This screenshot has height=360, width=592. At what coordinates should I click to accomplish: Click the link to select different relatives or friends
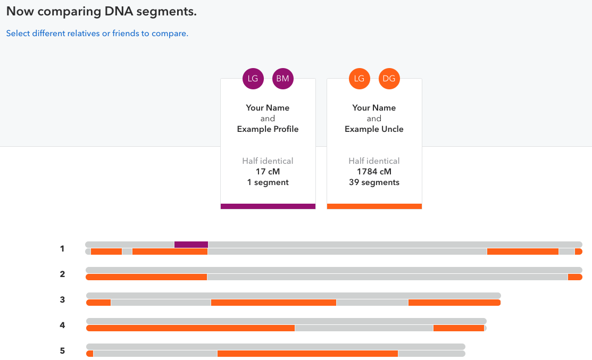pyautogui.click(x=97, y=34)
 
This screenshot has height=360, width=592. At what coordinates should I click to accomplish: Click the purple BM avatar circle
pyautogui.click(x=283, y=79)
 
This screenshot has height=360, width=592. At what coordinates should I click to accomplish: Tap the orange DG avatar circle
pyautogui.click(x=389, y=79)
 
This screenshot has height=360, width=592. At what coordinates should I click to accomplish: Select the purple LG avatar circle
pyautogui.click(x=253, y=79)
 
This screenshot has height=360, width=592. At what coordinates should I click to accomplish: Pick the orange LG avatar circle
pyautogui.click(x=360, y=79)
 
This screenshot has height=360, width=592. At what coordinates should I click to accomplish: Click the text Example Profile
pyautogui.click(x=268, y=129)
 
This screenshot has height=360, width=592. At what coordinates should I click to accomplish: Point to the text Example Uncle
pyautogui.click(x=374, y=129)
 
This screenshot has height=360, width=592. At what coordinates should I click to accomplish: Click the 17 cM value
pyautogui.click(x=268, y=172)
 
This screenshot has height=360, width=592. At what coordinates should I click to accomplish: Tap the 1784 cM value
pyautogui.click(x=374, y=172)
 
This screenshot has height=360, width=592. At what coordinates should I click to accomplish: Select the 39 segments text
pyautogui.click(x=374, y=182)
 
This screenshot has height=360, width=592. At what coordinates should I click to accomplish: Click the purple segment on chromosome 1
pyautogui.click(x=191, y=245)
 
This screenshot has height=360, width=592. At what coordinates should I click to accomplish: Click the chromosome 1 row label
pyautogui.click(x=62, y=248)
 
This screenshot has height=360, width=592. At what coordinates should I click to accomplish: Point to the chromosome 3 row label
pyautogui.click(x=62, y=299)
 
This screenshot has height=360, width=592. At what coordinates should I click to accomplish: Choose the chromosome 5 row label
pyautogui.click(x=62, y=350)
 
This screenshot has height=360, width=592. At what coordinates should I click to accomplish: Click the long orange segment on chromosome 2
pyautogui.click(x=146, y=277)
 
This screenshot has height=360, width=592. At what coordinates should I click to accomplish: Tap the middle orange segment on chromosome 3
pyautogui.click(x=273, y=303)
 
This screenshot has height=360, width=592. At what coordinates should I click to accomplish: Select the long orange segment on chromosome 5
pyautogui.click(x=307, y=354)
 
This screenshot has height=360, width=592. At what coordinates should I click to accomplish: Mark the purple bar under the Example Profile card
pyautogui.click(x=268, y=206)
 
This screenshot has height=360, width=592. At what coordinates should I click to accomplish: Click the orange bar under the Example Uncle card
pyautogui.click(x=374, y=206)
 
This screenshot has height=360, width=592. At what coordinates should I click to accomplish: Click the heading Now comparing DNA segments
pyautogui.click(x=102, y=12)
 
